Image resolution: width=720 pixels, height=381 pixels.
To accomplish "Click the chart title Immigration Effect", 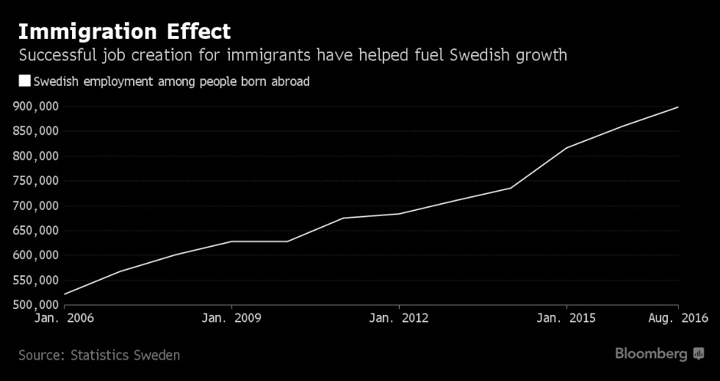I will (124, 32).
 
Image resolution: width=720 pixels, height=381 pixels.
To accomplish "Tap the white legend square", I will (24, 81).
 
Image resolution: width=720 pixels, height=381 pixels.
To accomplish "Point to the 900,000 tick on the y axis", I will (36, 106).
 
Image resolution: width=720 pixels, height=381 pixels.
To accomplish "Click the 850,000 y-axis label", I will (36, 131).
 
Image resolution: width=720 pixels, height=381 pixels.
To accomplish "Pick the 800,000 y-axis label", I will (36, 156).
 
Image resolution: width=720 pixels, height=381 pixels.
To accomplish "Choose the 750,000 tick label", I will (36, 181).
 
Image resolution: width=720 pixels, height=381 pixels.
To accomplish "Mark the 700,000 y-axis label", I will (36, 206).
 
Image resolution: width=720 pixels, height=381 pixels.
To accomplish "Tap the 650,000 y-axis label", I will (36, 231).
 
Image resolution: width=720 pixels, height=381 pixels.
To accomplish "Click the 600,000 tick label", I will (36, 255).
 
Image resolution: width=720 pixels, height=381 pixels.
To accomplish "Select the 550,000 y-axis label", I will (36, 280).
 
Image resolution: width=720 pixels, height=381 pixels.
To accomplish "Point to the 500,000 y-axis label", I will (36, 305).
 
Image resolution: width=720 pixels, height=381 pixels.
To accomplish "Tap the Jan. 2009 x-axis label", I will (231, 319).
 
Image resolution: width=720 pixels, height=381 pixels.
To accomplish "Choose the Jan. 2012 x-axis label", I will (399, 319).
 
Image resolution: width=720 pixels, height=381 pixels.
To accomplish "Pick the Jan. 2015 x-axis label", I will (566, 319).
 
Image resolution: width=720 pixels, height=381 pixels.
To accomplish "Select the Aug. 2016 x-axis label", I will (677, 319).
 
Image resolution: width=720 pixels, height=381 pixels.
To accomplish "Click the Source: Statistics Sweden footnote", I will (99, 355).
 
